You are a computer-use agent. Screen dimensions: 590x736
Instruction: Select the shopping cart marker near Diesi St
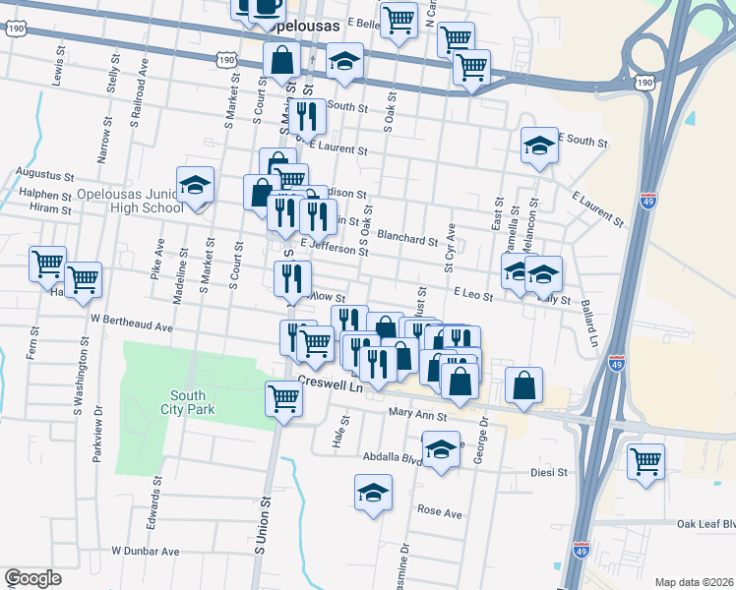coord(645,461)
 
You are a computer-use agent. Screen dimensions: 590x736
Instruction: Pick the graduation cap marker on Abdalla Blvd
coord(442,451)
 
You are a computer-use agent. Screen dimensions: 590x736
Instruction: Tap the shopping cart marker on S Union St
coord(283,399)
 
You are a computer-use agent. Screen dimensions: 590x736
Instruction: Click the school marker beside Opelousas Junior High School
coord(196,187)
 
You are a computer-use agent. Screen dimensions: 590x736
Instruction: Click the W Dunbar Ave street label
coord(146,552)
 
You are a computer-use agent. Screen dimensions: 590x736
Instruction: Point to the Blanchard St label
coord(406,239)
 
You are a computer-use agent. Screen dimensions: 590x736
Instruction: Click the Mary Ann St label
coord(417,414)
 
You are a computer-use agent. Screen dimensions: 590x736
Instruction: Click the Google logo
coord(32,578)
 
